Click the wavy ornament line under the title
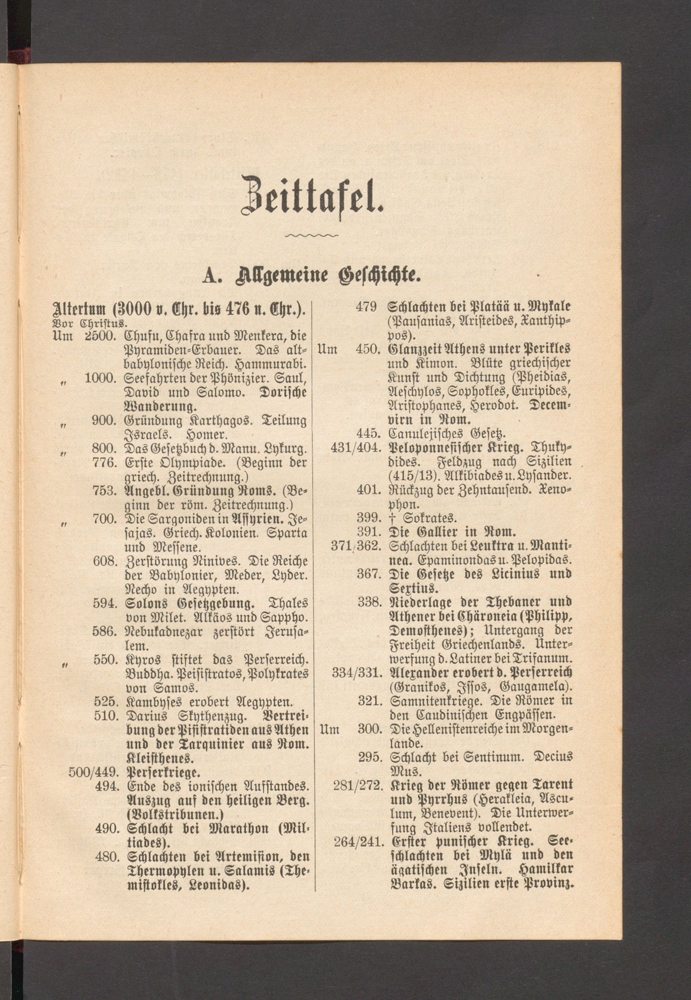pos(312,236)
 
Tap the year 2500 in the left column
pos(99,336)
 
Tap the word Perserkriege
pos(163,772)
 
